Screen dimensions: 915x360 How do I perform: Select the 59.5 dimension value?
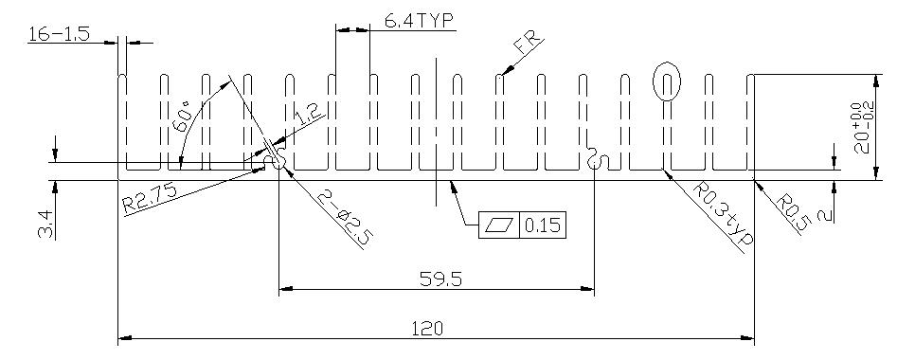440,279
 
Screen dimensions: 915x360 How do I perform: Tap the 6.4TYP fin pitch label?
419,21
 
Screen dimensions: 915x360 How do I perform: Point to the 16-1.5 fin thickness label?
59,34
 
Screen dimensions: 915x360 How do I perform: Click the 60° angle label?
183,117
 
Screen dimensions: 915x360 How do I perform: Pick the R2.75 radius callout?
150,197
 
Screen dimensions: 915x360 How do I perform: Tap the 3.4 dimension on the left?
46,225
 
